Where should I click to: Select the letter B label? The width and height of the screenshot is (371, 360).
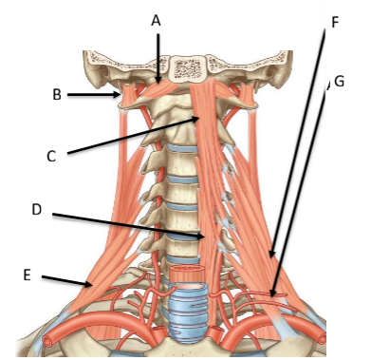coord(57,94)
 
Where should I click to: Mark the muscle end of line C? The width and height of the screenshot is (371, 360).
coord(199,118)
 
